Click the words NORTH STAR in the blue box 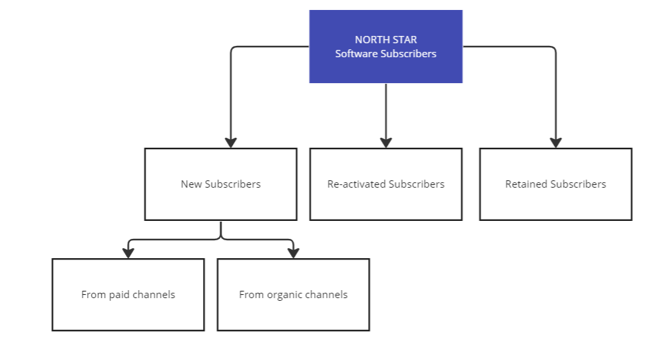pyautogui.click(x=386, y=39)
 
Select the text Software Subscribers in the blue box pyautogui.click(x=386, y=53)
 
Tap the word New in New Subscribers pyautogui.click(x=191, y=184)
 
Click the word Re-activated pyautogui.click(x=357, y=184)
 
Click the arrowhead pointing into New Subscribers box pyautogui.click(x=231, y=142)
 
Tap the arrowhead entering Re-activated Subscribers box pyautogui.click(x=386, y=142)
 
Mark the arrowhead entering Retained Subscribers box pyautogui.click(x=556, y=142)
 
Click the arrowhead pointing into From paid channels pyautogui.click(x=128, y=253)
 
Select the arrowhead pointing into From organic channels pyautogui.click(x=294, y=253)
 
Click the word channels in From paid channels pyautogui.click(x=154, y=295)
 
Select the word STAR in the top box pyautogui.click(x=405, y=39)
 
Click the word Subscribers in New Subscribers pyautogui.click(x=233, y=184)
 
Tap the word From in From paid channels pyautogui.click(x=94, y=295)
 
